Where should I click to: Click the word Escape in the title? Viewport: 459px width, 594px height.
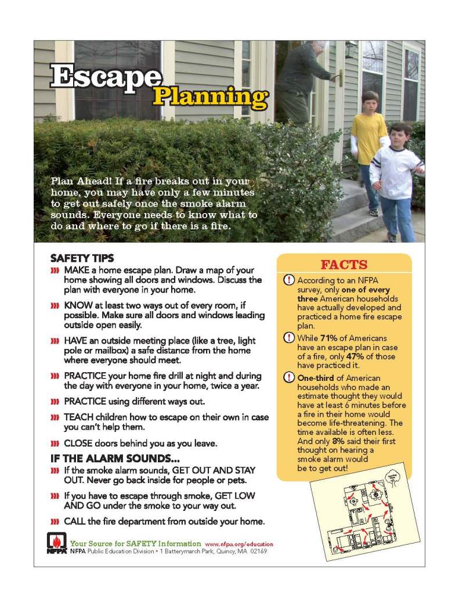click(105, 78)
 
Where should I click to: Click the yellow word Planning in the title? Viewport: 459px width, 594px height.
click(210, 98)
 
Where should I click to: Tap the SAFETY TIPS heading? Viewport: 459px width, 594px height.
click(82, 258)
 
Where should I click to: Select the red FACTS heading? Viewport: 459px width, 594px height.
click(344, 265)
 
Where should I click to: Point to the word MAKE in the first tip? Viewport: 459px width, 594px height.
click(76, 271)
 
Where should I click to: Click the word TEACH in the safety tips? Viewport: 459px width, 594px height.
click(78, 417)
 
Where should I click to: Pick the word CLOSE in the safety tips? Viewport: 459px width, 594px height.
click(78, 444)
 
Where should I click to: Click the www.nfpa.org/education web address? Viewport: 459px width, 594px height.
click(239, 544)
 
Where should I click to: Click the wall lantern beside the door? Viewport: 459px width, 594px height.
click(350, 51)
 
